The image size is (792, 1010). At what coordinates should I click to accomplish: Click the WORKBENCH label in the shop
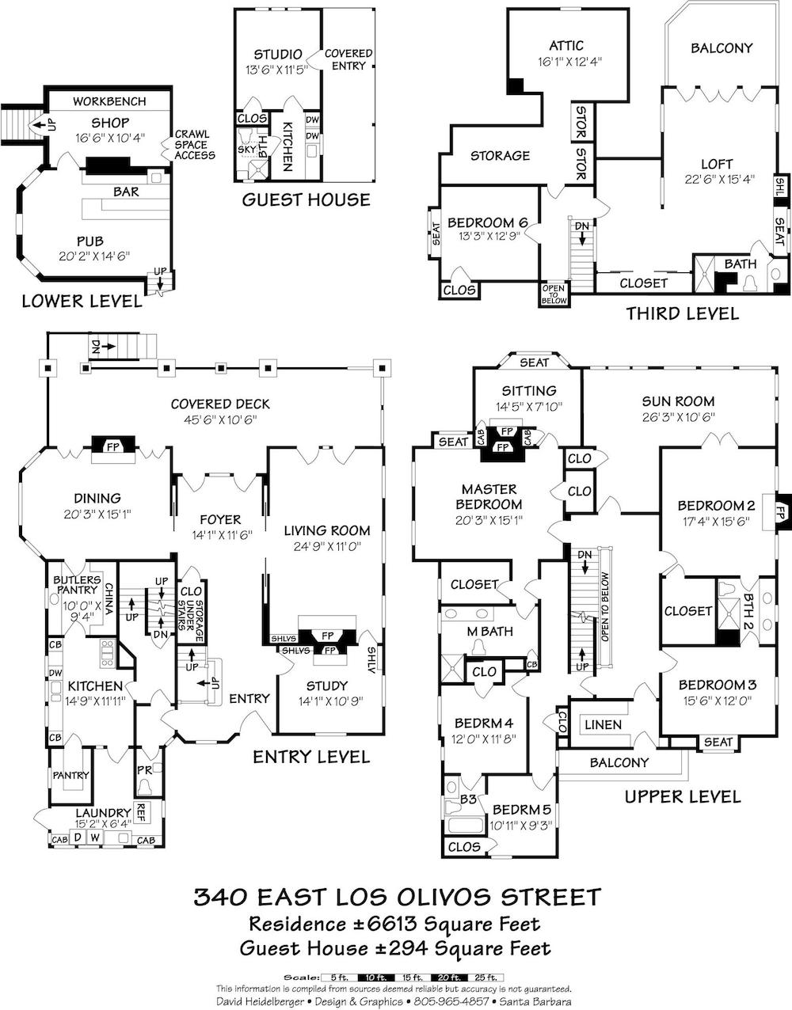click(x=109, y=101)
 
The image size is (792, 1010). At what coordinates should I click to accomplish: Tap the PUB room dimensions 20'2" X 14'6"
click(x=94, y=256)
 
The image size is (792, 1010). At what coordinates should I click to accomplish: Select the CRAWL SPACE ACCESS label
click(x=194, y=145)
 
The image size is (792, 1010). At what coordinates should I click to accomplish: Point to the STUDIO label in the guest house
click(x=278, y=55)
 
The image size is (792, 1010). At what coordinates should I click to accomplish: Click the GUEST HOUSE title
click(x=306, y=199)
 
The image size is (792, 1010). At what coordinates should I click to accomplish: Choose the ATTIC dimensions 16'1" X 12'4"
click(x=569, y=62)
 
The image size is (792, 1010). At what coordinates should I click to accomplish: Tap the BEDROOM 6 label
click(x=487, y=222)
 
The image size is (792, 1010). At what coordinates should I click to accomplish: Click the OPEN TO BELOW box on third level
click(x=554, y=294)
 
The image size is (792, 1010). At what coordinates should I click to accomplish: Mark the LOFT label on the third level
click(x=717, y=164)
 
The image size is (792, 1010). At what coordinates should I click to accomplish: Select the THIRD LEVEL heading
click(x=682, y=313)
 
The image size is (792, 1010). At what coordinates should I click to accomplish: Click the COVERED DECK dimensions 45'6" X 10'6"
click(x=220, y=420)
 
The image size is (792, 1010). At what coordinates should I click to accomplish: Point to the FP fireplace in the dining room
click(x=113, y=446)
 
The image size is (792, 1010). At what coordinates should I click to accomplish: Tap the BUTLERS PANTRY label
click(x=77, y=585)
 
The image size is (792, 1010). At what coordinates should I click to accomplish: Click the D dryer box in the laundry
click(x=78, y=837)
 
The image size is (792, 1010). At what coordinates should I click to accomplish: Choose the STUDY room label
click(x=327, y=686)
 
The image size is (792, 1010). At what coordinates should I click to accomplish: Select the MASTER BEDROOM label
click(x=489, y=496)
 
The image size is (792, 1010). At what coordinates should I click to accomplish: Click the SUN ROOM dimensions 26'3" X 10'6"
click(x=679, y=417)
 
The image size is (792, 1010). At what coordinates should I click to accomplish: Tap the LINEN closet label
click(x=604, y=724)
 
